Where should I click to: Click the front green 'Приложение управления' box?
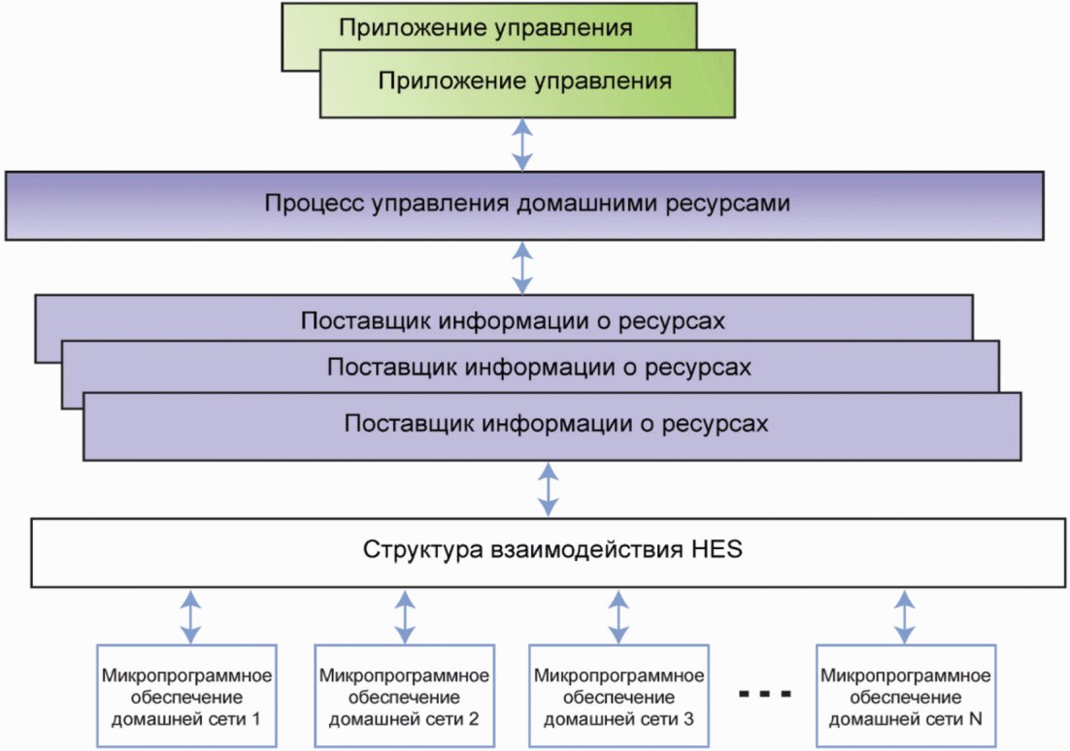[527, 83]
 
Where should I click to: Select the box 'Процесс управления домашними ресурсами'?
[524, 206]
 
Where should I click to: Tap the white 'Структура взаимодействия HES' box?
[548, 552]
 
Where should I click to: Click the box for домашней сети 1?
[186, 696]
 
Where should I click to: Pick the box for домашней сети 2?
[404, 696]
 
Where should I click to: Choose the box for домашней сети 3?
[619, 696]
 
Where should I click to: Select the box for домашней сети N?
[906, 696]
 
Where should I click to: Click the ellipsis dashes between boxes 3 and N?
[765, 695]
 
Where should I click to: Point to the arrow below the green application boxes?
[522, 145]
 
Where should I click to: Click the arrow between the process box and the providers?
[522, 268]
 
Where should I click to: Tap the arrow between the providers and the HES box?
[548, 489]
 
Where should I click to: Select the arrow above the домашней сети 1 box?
[190, 617]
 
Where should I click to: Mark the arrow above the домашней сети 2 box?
[405, 617]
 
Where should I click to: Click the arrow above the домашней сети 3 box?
[619, 617]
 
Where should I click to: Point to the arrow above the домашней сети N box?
[904, 617]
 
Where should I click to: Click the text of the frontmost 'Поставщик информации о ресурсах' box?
[556, 424]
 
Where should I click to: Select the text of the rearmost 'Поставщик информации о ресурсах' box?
[513, 321]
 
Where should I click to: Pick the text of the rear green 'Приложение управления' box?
[485, 28]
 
